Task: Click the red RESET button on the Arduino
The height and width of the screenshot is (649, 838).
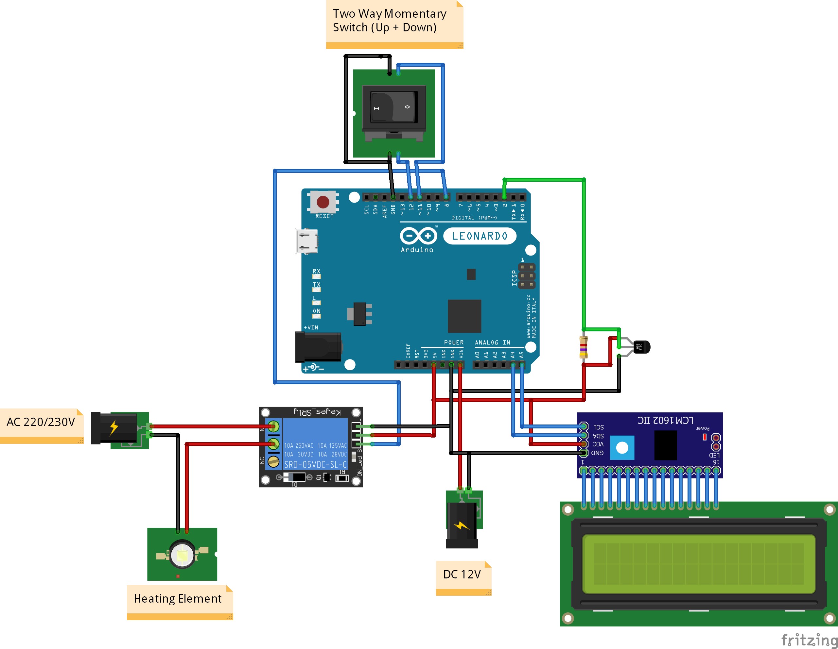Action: pos(323,202)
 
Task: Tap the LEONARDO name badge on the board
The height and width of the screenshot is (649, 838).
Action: pos(479,236)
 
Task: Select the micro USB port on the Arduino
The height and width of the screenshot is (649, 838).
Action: pos(306,241)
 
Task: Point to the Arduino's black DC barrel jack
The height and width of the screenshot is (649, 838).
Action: pos(318,347)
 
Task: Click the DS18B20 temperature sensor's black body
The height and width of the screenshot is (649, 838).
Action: pos(641,347)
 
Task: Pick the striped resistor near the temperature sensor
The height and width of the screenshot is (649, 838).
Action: pos(583,347)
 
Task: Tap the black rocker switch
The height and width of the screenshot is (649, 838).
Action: pos(394,107)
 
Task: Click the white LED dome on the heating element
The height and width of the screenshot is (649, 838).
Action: pos(182,555)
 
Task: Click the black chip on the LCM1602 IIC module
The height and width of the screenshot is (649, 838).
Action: pos(665,445)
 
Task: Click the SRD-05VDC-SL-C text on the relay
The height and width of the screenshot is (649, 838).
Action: pos(315,465)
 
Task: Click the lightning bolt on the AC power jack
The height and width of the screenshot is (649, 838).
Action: pos(113,427)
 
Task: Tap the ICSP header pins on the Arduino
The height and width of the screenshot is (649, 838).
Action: pos(526,276)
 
